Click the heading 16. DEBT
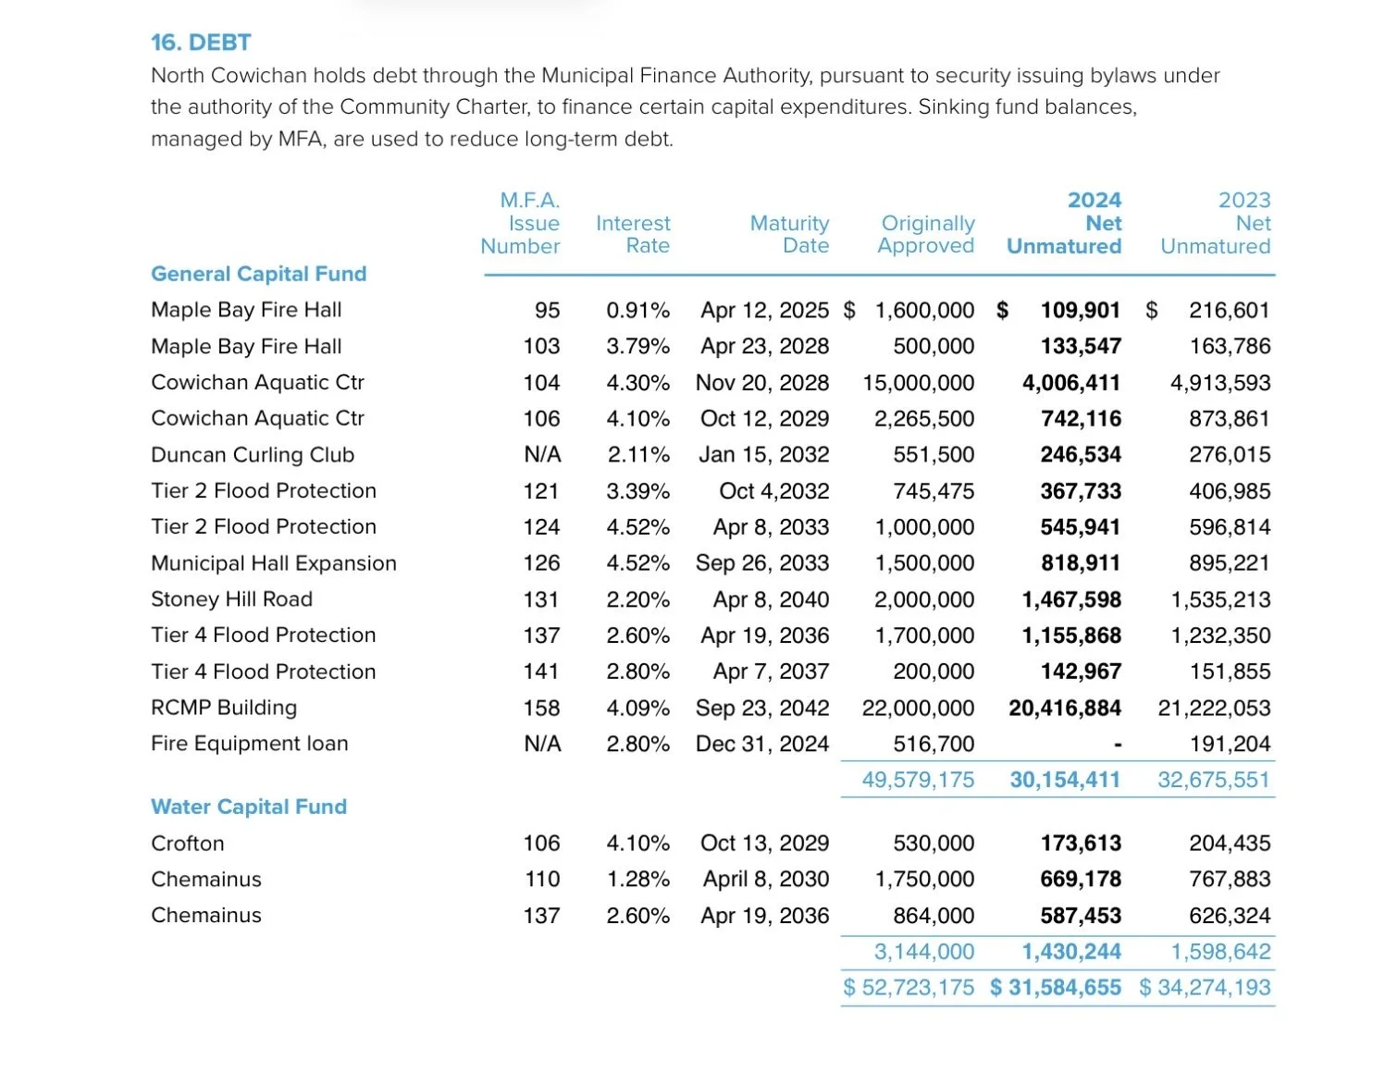[x=201, y=43]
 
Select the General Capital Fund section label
[x=259, y=274]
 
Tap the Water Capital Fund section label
[x=249, y=807]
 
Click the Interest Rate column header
[x=633, y=235]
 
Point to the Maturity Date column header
[x=789, y=235]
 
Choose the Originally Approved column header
[x=926, y=235]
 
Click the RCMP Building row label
[x=224, y=708]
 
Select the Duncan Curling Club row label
[x=253, y=455]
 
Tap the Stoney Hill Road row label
[x=231, y=599]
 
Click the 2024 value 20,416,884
[x=1065, y=709]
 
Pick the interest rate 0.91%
[x=637, y=311]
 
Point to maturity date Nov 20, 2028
[x=762, y=383]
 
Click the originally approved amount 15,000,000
[x=919, y=383]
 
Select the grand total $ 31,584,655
[x=1056, y=988]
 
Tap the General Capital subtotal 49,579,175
[x=918, y=780]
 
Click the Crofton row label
[x=188, y=844]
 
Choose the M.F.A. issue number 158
[x=541, y=709]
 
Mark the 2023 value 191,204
[x=1230, y=745]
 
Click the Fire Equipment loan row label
[x=250, y=744]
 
